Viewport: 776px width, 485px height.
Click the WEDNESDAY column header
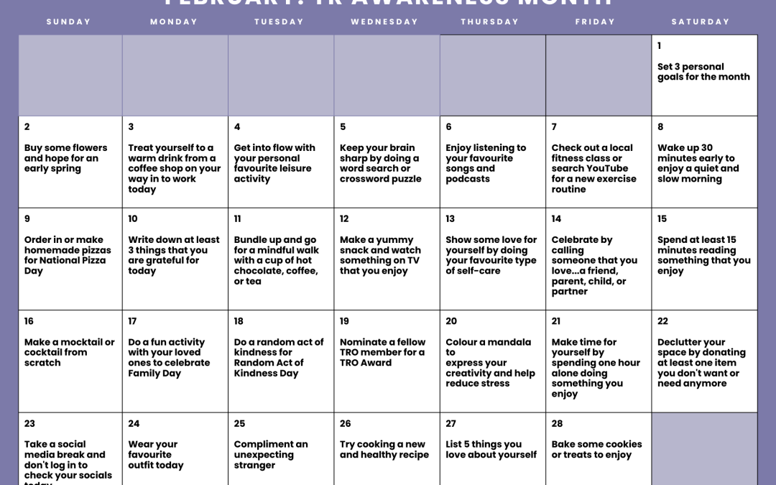click(384, 22)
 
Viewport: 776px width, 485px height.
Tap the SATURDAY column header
click(701, 22)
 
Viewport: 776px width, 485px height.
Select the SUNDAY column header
click(69, 22)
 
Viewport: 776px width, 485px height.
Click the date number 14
click(556, 219)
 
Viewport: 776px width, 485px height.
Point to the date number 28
click(557, 424)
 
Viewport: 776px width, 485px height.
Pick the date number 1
click(660, 46)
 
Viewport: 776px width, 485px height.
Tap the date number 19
click(344, 321)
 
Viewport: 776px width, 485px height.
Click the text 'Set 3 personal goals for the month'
click(703, 72)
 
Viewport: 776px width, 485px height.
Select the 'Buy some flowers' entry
click(65, 158)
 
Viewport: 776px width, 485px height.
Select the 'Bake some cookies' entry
click(596, 450)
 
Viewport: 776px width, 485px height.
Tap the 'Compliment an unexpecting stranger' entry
click(270, 455)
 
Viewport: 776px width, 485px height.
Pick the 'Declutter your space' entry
click(701, 363)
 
